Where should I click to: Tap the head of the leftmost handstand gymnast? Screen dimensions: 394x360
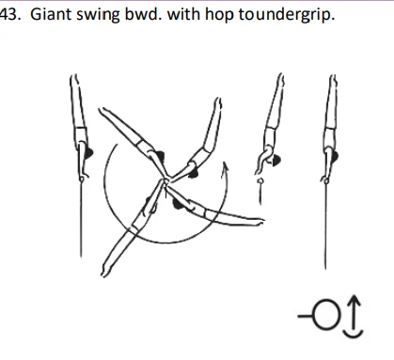pyautogui.click(x=87, y=149)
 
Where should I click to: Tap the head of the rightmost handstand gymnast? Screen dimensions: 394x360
pyautogui.click(x=335, y=149)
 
